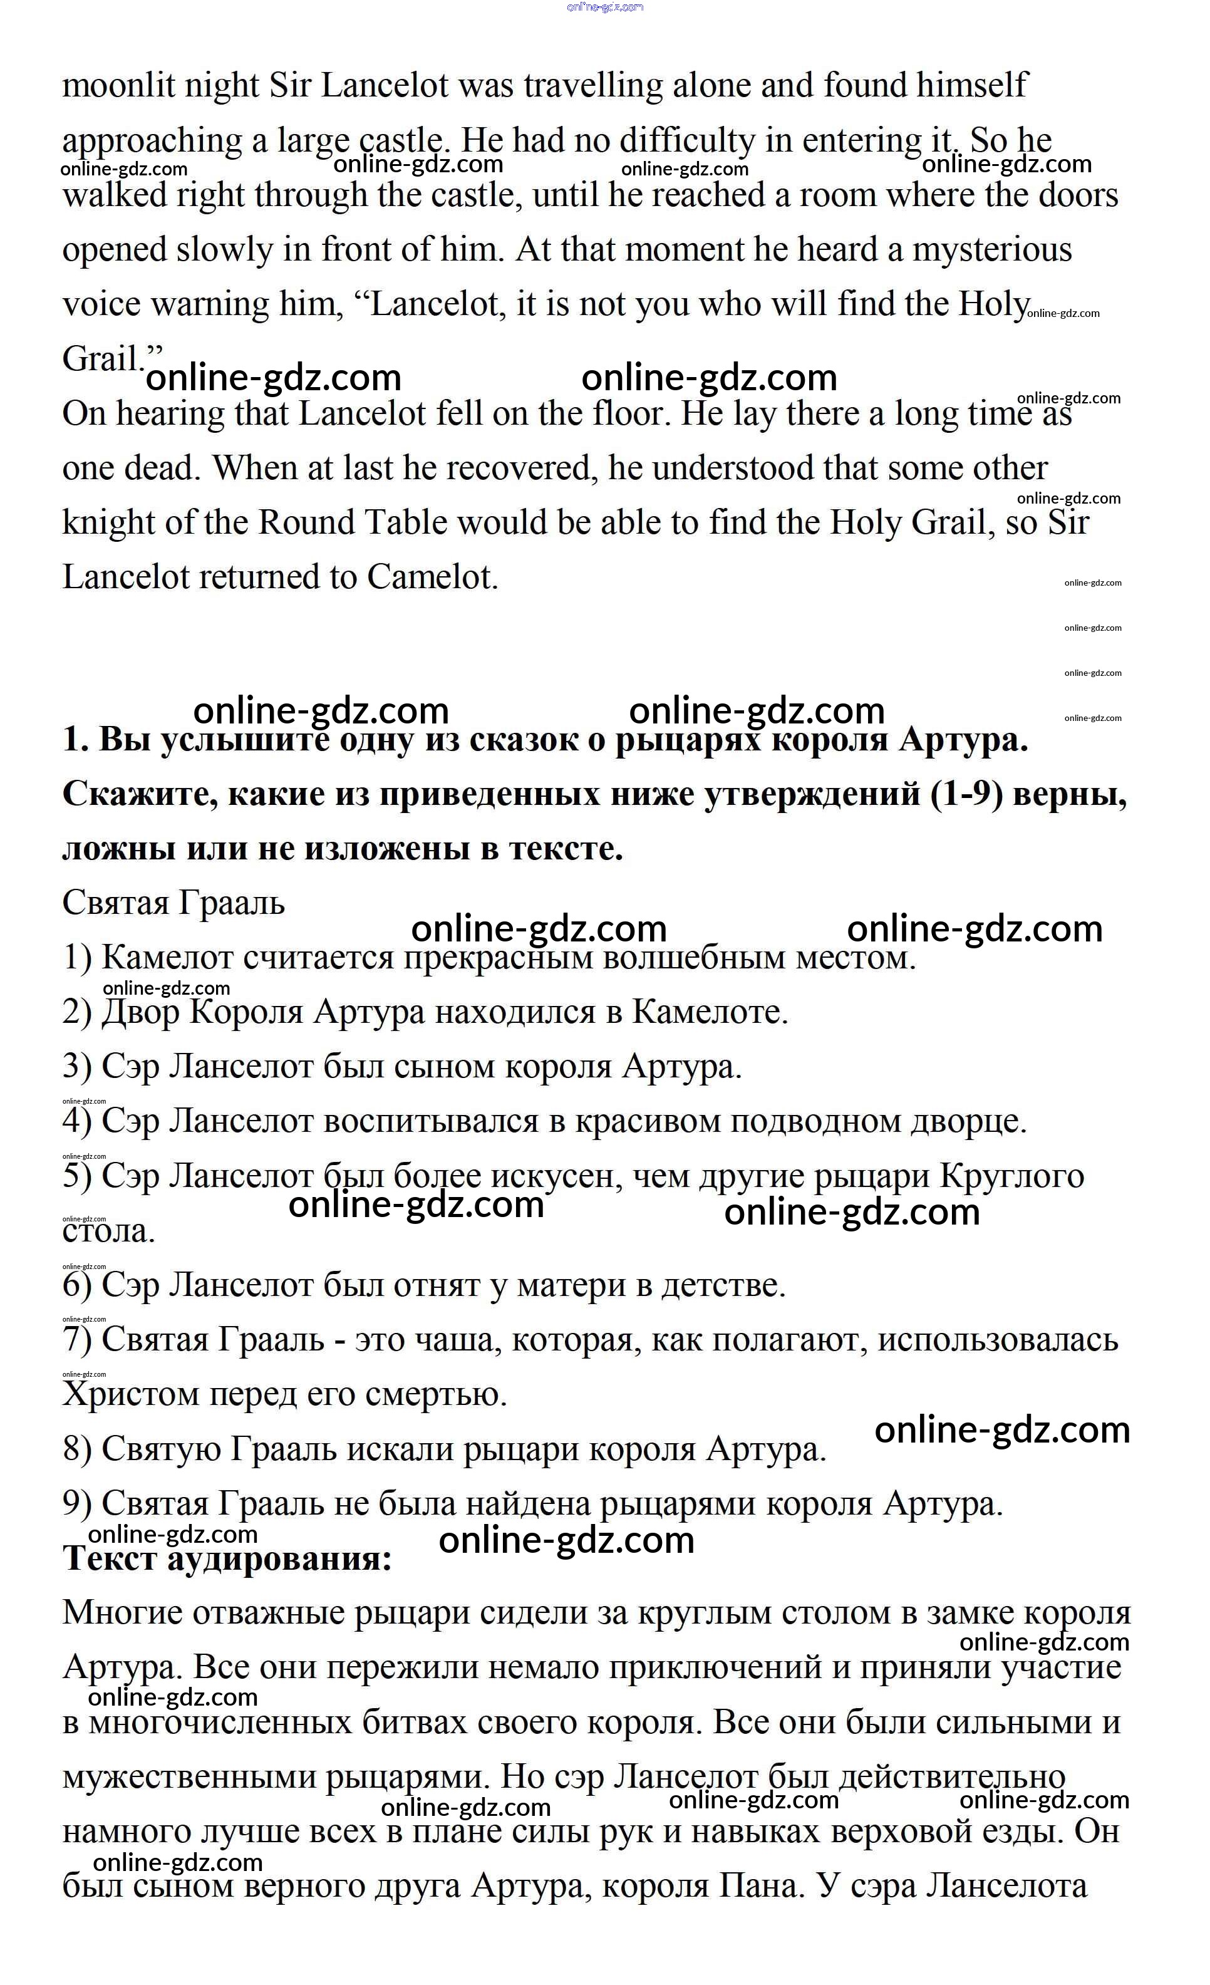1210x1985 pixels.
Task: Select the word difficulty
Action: click(x=687, y=141)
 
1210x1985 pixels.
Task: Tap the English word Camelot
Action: click(x=433, y=577)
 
